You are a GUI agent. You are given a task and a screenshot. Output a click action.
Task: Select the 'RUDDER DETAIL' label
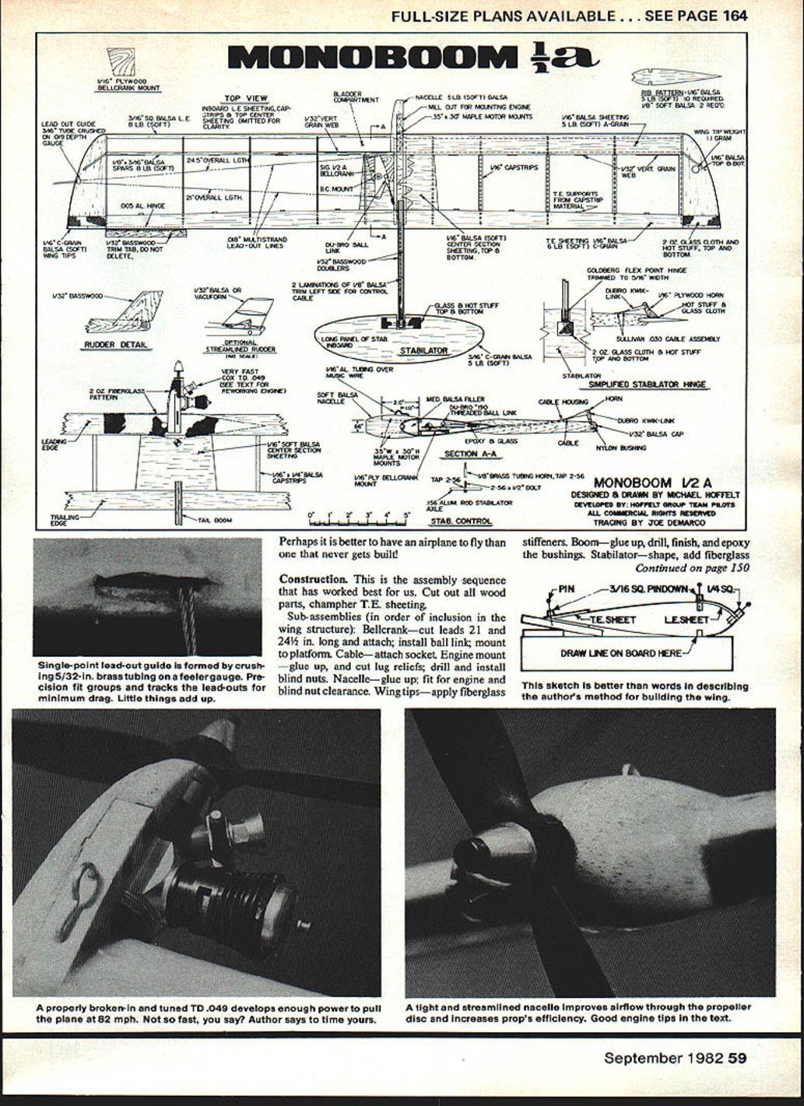coord(117,345)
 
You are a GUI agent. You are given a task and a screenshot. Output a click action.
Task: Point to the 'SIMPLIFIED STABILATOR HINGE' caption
coord(648,384)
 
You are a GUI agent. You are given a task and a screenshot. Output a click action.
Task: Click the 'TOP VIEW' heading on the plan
coord(246,99)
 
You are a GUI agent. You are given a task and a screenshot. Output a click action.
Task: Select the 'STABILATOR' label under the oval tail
coord(423,351)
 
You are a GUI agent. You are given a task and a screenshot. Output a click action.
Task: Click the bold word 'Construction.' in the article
coord(313,579)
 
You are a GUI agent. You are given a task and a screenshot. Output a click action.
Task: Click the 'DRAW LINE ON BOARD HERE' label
coord(620,653)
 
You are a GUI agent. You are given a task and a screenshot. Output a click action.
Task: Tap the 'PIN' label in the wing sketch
coord(567,589)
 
